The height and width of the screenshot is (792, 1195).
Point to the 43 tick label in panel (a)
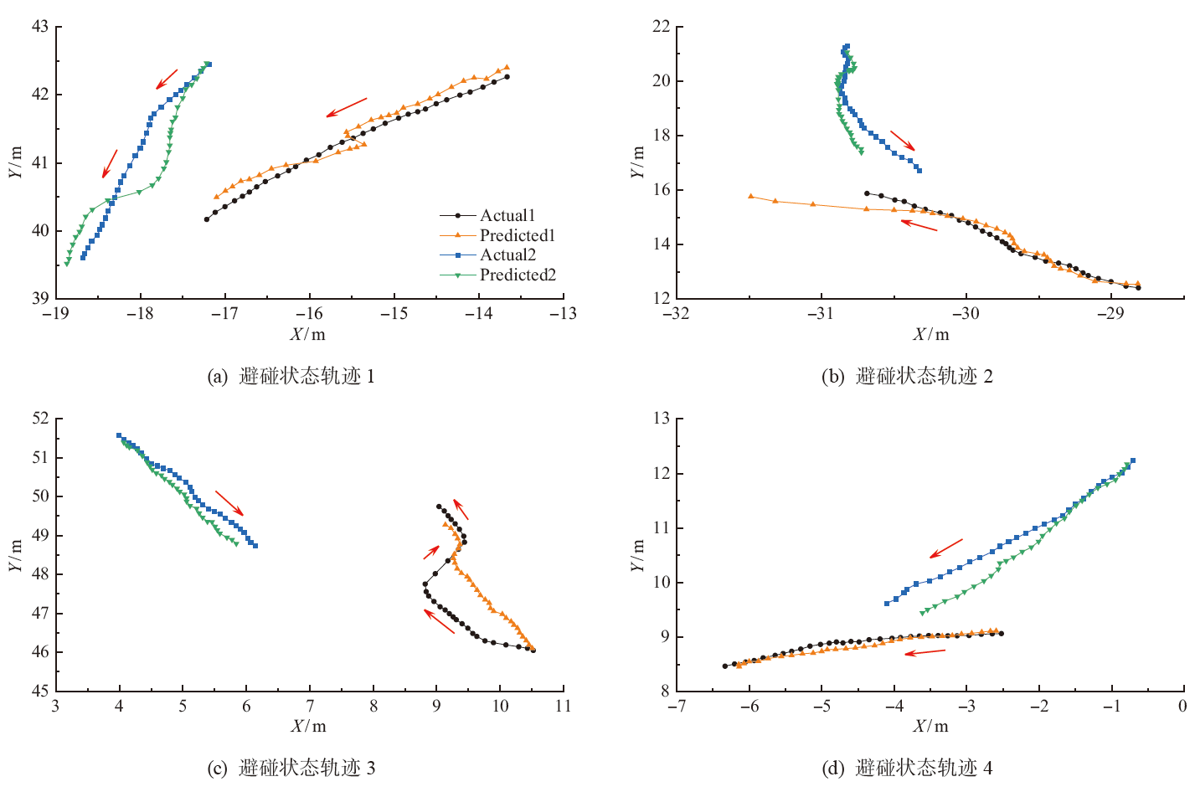(x=40, y=27)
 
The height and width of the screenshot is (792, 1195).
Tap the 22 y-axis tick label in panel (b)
(x=661, y=27)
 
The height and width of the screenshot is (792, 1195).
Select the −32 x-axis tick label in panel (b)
(x=676, y=314)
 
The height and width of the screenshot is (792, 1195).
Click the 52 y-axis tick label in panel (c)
(x=40, y=419)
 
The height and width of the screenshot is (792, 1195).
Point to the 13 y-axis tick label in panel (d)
(x=661, y=419)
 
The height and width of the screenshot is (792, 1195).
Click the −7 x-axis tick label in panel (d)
(x=676, y=706)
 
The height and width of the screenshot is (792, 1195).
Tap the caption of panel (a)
(x=291, y=377)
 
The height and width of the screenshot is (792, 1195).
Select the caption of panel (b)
(x=907, y=377)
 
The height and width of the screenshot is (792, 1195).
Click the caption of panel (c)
(x=291, y=768)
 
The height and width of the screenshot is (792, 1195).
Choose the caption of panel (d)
(x=907, y=768)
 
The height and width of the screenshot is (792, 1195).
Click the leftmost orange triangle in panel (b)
(x=750, y=196)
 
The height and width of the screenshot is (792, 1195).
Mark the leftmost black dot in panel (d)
(x=725, y=666)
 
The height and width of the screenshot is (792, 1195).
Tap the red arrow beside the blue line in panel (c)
(x=229, y=503)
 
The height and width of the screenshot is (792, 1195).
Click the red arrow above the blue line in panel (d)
(x=946, y=548)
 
